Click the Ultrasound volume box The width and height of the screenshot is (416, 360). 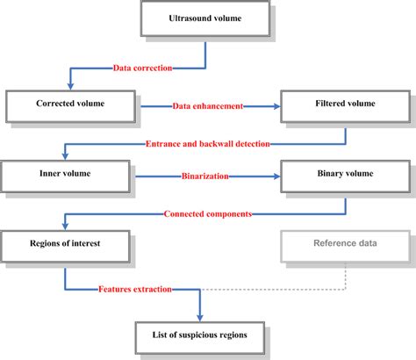click(204, 19)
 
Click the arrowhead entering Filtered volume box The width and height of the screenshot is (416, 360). click(276, 105)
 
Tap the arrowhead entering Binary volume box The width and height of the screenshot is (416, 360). click(276, 176)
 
